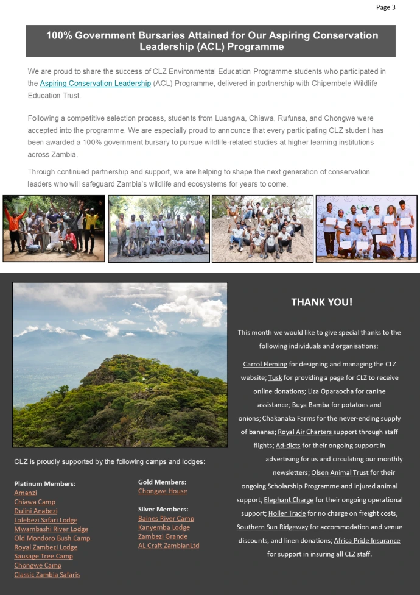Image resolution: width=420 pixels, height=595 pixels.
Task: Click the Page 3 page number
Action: click(x=385, y=7)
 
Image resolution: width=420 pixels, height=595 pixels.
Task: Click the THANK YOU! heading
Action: click(x=321, y=302)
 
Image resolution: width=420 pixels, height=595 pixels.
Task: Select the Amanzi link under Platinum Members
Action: click(x=26, y=493)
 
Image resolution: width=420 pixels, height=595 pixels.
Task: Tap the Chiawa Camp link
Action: click(x=35, y=502)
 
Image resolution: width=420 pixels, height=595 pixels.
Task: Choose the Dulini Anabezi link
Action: click(x=36, y=511)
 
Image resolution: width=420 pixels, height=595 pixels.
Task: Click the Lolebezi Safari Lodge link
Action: click(x=46, y=520)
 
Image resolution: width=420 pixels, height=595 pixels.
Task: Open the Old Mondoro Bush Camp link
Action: click(x=52, y=538)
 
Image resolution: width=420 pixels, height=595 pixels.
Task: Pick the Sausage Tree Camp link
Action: click(x=43, y=556)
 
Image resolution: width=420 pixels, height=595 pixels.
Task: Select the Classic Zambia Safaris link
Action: click(x=47, y=574)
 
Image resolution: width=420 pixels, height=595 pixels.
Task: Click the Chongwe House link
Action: click(x=163, y=491)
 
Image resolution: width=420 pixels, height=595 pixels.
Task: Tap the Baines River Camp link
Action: click(x=166, y=518)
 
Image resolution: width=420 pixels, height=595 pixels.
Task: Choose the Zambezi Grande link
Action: click(x=163, y=536)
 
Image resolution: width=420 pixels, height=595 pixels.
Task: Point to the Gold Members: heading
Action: click(x=162, y=482)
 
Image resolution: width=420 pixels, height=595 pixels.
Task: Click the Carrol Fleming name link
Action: click(x=265, y=364)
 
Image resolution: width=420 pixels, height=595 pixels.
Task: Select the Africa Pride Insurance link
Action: click(x=367, y=540)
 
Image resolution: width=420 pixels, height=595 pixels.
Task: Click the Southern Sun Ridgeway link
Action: click(x=272, y=527)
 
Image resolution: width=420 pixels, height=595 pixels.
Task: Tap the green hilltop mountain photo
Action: click(x=120, y=365)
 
